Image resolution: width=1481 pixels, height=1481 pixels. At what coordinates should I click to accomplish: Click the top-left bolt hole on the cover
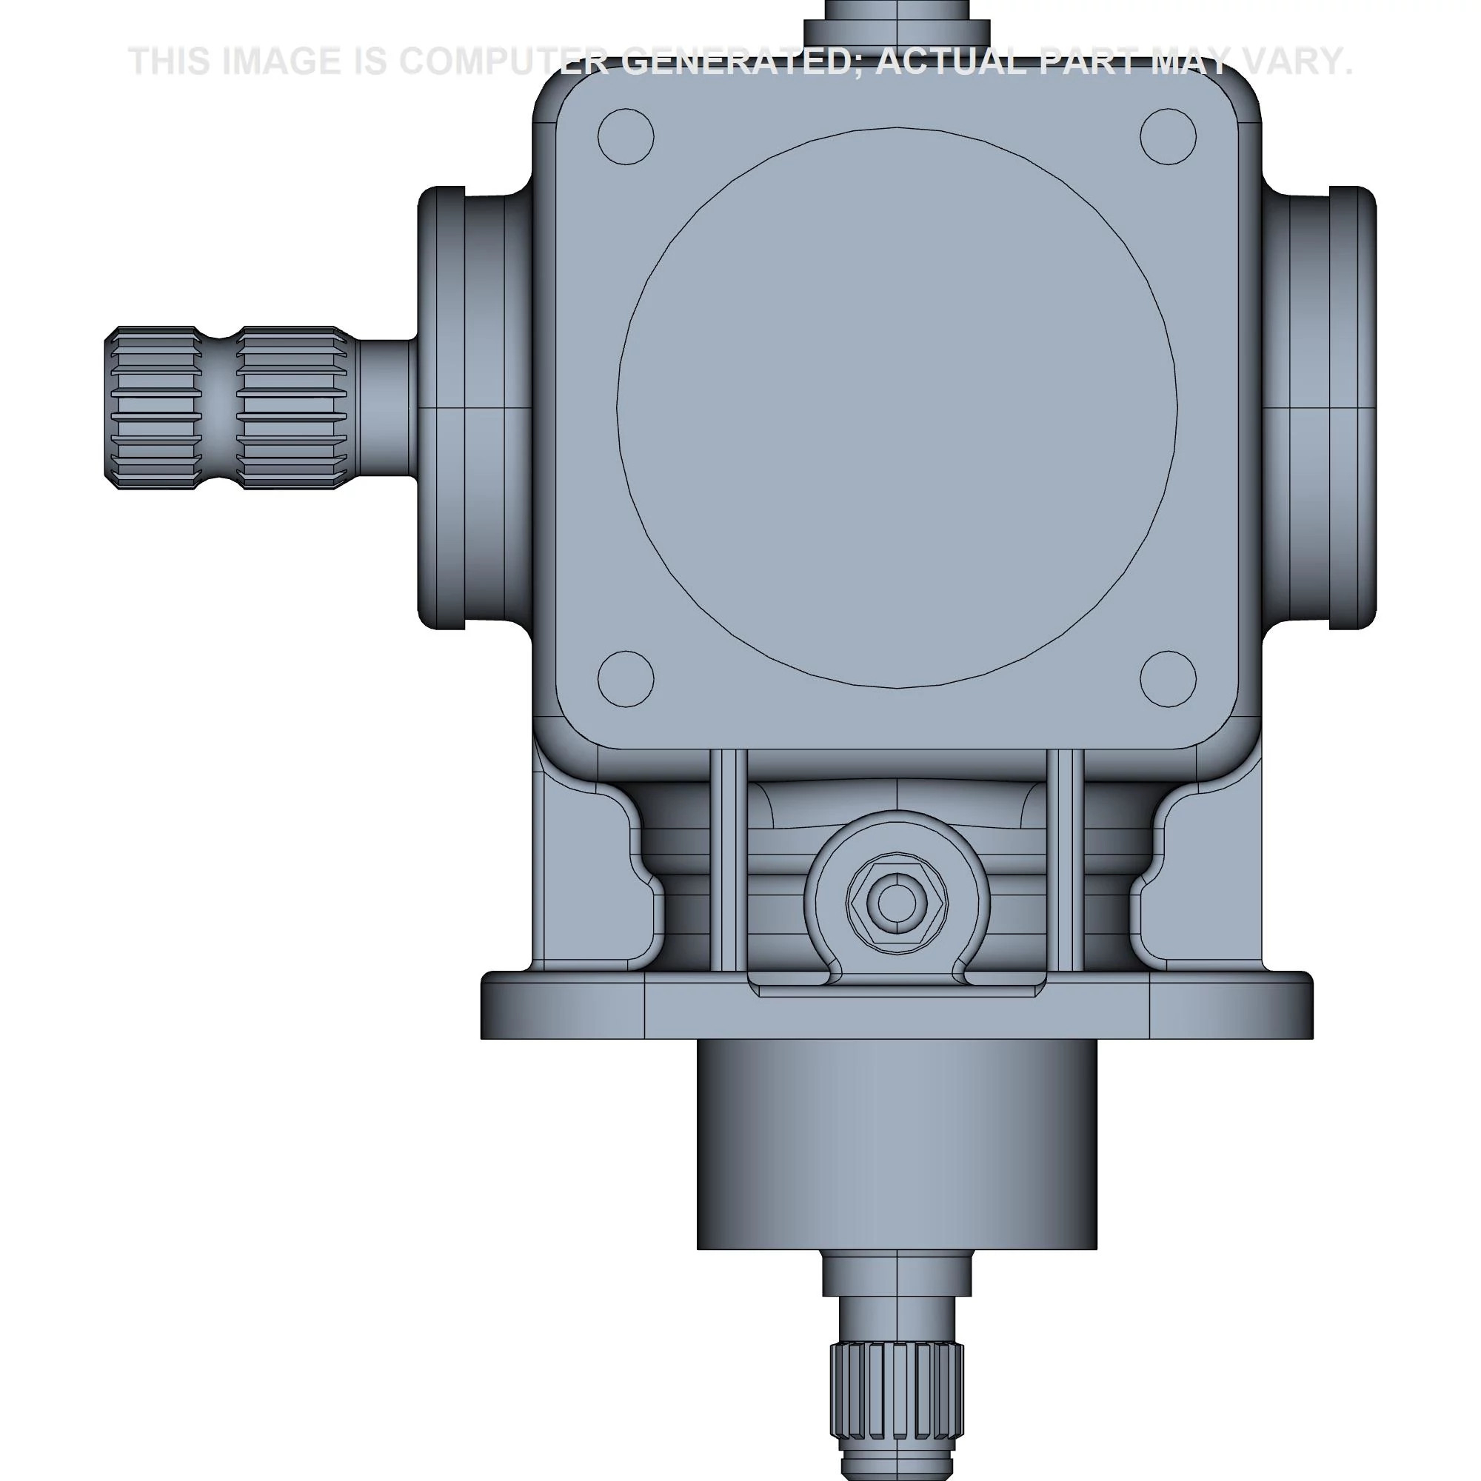pos(626,136)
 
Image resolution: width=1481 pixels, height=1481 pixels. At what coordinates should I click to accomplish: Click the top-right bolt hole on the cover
pos(1169,136)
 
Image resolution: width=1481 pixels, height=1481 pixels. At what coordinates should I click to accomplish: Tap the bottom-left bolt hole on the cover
pos(626,679)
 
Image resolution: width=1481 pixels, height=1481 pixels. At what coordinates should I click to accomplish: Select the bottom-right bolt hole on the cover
pos(1169,679)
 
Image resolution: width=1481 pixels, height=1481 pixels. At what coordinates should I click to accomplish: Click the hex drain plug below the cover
pos(897,902)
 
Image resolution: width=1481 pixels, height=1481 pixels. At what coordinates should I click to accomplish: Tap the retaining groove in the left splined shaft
pos(219,407)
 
